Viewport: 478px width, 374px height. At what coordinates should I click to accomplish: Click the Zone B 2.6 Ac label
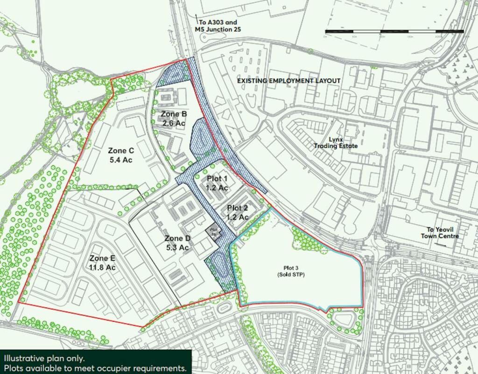[x=174, y=119]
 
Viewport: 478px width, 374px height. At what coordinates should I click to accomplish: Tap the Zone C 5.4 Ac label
[x=120, y=155]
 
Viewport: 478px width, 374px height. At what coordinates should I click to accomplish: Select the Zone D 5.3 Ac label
[x=177, y=243]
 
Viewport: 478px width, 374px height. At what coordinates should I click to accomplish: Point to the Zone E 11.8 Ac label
[x=102, y=262]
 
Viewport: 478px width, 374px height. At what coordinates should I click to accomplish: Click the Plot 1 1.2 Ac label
[x=217, y=183]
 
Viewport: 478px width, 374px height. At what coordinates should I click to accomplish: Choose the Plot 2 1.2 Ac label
[x=238, y=212]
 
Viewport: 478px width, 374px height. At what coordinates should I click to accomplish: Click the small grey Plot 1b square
[x=214, y=232]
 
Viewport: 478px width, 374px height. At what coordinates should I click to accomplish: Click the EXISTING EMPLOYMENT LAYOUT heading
[x=288, y=81]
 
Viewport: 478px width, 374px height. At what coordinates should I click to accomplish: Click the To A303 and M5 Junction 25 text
[x=218, y=26]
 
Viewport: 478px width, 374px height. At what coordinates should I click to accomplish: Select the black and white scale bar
[x=394, y=31]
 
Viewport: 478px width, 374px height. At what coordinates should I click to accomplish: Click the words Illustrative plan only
[x=44, y=359]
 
